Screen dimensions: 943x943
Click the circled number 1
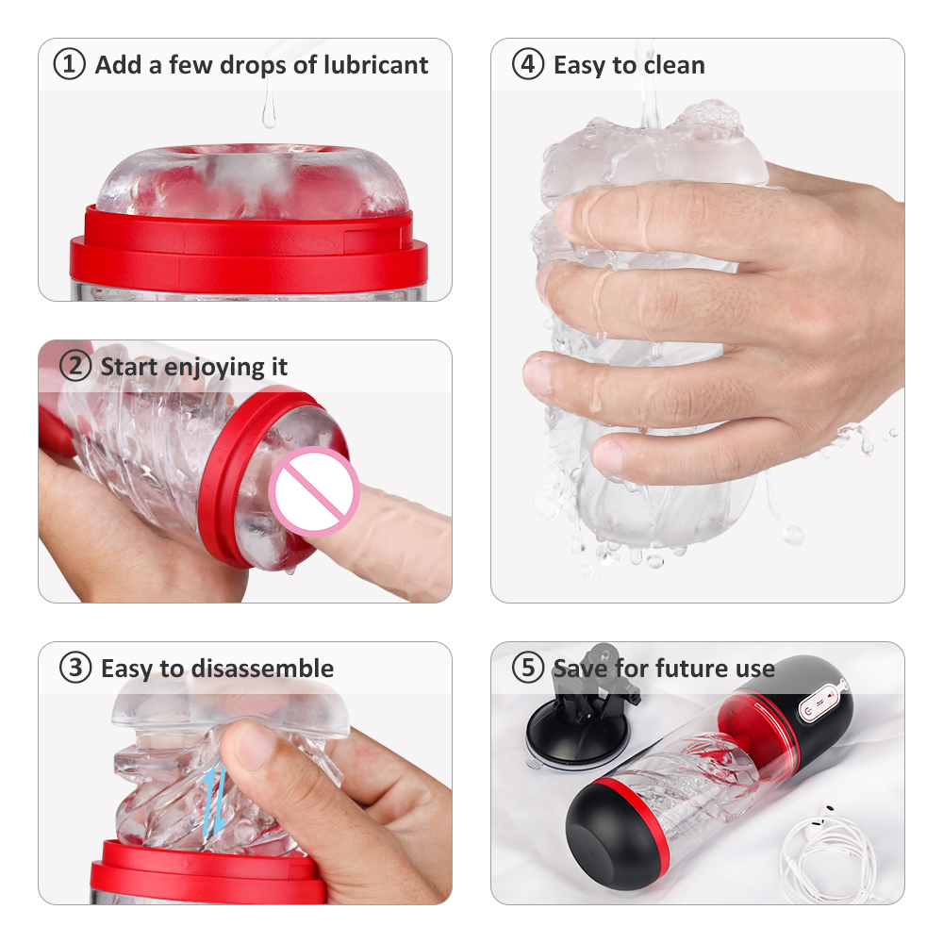coord(69,64)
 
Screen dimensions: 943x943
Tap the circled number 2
coord(75,366)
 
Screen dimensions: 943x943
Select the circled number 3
coord(75,668)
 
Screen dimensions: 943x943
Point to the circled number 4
coord(528,64)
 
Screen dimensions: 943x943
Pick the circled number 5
coord(528,668)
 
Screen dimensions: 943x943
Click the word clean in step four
coord(674,66)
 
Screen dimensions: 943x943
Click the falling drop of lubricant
coord(269,112)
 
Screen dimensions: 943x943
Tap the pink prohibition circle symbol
coord(314,491)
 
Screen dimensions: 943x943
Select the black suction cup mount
coord(577,721)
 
